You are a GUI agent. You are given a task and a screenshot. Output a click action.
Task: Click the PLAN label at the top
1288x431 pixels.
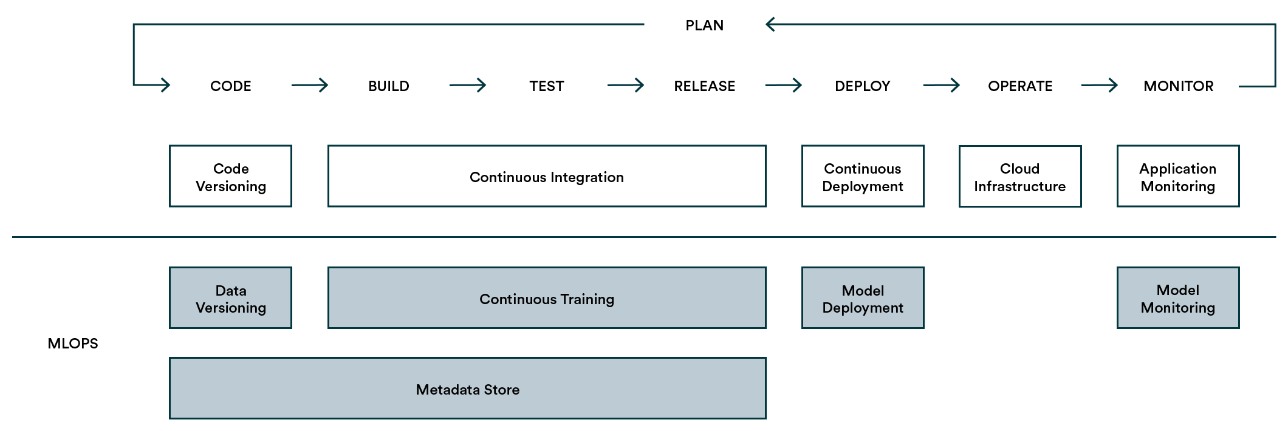pyautogui.click(x=704, y=25)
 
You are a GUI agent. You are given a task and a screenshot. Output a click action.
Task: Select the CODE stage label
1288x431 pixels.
pyautogui.click(x=230, y=86)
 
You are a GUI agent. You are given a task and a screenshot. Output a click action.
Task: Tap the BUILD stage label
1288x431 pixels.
pyautogui.click(x=388, y=86)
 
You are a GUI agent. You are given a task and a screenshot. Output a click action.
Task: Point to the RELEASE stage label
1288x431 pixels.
pyautogui.click(x=704, y=86)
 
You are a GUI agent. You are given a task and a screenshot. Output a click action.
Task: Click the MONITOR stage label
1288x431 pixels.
pyautogui.click(x=1178, y=86)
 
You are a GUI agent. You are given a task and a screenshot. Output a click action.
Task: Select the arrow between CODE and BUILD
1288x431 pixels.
pyautogui.click(x=310, y=85)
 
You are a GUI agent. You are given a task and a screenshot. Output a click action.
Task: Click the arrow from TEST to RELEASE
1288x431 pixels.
pyautogui.click(x=626, y=85)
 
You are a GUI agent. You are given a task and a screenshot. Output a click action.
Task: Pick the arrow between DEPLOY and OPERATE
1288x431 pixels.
pyautogui.click(x=942, y=85)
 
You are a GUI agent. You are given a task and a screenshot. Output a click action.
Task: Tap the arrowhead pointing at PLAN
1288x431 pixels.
pyautogui.click(x=770, y=24)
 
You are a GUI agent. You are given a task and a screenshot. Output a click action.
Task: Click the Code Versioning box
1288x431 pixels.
pyautogui.click(x=230, y=177)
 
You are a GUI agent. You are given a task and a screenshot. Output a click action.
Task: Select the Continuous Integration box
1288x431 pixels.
pyautogui.click(x=546, y=177)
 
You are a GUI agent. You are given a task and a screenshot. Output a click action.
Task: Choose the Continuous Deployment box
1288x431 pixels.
pyautogui.click(x=862, y=177)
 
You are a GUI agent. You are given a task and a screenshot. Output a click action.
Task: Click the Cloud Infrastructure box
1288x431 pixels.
pyautogui.click(x=1019, y=177)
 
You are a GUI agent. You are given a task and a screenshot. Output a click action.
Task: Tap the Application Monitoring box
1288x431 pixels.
pyautogui.click(x=1177, y=177)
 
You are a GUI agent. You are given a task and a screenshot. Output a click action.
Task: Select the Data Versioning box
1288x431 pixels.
pyautogui.click(x=230, y=298)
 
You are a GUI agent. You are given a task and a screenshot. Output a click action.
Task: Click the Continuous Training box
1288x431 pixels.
pyautogui.click(x=546, y=298)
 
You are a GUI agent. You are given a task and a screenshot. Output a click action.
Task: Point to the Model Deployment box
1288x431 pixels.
pyautogui.click(x=862, y=298)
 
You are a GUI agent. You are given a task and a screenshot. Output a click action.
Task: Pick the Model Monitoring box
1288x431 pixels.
pyautogui.click(x=1177, y=298)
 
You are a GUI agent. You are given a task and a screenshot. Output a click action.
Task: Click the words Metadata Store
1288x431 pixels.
pyautogui.click(x=467, y=390)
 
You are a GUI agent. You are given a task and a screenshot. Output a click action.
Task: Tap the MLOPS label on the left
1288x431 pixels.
pyautogui.click(x=72, y=344)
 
